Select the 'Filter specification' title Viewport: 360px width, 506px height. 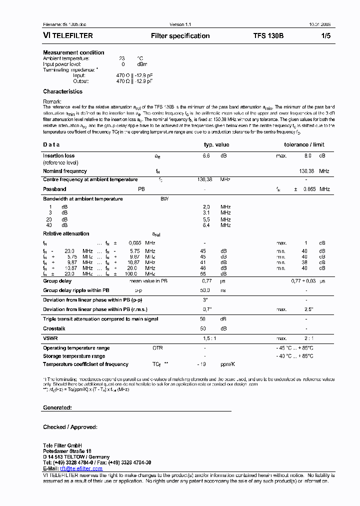(180, 36)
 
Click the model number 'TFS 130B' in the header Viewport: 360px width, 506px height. (268, 36)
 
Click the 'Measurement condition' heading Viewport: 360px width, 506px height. (73, 52)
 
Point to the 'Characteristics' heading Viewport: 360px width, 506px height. (62, 91)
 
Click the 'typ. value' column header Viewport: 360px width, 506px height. (216, 144)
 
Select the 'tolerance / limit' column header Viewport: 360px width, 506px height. (304, 144)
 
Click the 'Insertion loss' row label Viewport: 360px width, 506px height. (58, 156)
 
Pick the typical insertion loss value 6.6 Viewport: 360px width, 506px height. (205, 156)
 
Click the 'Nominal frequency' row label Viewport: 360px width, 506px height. (64, 171)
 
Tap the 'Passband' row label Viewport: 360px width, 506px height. (54, 189)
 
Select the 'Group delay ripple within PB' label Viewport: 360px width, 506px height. (76, 290)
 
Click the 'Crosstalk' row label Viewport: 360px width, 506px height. (54, 328)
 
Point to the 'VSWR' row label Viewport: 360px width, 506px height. (50, 338)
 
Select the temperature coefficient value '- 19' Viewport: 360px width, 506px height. (202, 364)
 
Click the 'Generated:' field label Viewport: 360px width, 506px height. (57, 407)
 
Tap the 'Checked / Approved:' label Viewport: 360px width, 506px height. (70, 427)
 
